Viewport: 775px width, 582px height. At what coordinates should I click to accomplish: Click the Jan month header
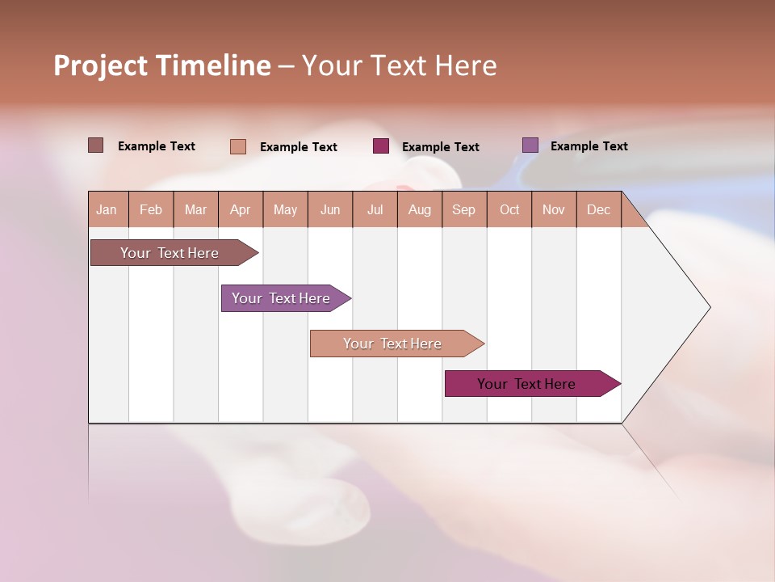tap(107, 209)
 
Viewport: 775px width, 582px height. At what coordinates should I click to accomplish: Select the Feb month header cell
tap(151, 209)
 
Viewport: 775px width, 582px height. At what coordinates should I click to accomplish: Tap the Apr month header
tap(241, 209)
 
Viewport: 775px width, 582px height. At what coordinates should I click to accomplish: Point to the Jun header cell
tap(330, 209)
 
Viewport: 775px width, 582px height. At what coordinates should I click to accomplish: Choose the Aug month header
tap(420, 209)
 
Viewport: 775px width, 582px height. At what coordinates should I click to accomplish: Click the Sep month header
tap(464, 209)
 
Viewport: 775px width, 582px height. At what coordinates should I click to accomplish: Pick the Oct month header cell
tap(509, 209)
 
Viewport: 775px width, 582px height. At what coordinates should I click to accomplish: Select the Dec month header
tap(599, 209)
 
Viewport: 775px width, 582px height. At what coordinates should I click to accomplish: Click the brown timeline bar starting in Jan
tap(170, 253)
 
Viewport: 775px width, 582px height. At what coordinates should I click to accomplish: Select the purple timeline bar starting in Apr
tap(282, 298)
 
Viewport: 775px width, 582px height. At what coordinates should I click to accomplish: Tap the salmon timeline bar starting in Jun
tap(393, 344)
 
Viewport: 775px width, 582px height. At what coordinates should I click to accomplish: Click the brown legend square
tap(96, 145)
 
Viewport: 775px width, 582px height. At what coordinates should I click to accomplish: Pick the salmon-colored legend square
tap(238, 146)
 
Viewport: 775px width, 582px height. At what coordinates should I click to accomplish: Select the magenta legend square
tap(381, 145)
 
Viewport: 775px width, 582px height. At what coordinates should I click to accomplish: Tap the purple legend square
tap(530, 145)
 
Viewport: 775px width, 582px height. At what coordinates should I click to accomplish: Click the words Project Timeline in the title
tap(162, 65)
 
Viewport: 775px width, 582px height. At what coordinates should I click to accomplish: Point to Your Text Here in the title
tap(399, 65)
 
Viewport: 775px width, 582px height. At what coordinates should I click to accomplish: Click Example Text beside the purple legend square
tap(589, 146)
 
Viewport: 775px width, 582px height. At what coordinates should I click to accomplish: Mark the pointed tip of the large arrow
tap(709, 307)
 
